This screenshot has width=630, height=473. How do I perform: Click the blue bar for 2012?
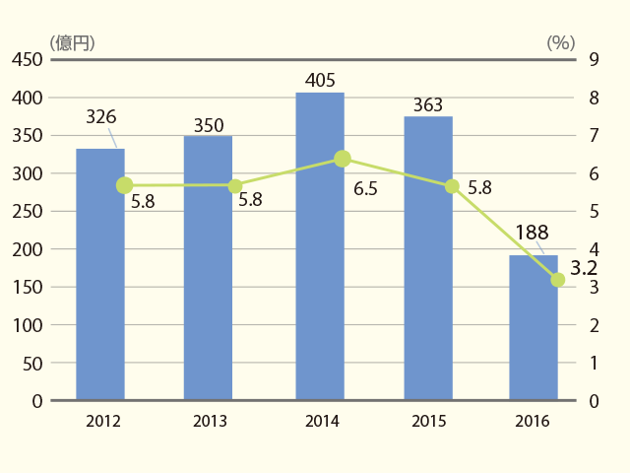pyautogui.click(x=100, y=274)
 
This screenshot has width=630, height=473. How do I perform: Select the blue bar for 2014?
pyautogui.click(x=320, y=246)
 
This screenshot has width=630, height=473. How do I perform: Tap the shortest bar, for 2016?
pyautogui.click(x=534, y=327)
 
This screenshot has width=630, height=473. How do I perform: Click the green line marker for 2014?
pyautogui.click(x=343, y=159)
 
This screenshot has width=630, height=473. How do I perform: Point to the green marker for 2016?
pyautogui.click(x=558, y=280)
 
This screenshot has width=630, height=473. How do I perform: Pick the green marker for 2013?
pyautogui.click(x=235, y=186)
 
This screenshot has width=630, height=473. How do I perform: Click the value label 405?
pyautogui.click(x=320, y=80)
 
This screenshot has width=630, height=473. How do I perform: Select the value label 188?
pyautogui.click(x=532, y=233)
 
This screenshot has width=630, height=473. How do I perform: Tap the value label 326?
pyautogui.click(x=101, y=117)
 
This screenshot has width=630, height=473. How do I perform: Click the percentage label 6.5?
pyautogui.click(x=365, y=188)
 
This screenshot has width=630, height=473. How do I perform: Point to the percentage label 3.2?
pyautogui.click(x=584, y=268)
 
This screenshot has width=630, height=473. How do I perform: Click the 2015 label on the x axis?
pyautogui.click(x=429, y=421)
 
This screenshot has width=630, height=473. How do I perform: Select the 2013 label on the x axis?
pyautogui.click(x=210, y=421)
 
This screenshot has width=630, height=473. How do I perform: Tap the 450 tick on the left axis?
pyautogui.click(x=28, y=59)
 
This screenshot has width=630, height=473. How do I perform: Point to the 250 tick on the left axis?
pyautogui.click(x=28, y=212)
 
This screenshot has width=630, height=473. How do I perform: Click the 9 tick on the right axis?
pyautogui.click(x=595, y=59)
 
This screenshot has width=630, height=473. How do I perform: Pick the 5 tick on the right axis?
pyautogui.click(x=595, y=212)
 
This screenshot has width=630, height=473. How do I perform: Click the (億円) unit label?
pyautogui.click(x=72, y=43)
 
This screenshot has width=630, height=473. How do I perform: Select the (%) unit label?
pyautogui.click(x=561, y=42)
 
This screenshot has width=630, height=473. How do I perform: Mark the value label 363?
pyautogui.click(x=428, y=105)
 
